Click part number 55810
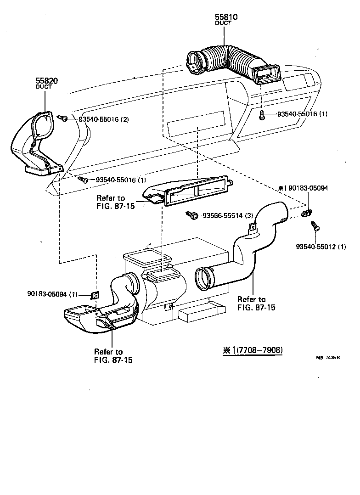tap(226, 17)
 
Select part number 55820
tap(47, 80)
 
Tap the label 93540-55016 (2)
tap(103, 119)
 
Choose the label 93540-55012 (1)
tap(321, 247)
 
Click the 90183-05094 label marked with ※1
tap(303, 188)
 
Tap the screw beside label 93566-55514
tap(193, 214)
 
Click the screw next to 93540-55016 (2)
tap(64, 118)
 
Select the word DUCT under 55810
tap(223, 23)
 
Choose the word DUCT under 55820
tap(44, 87)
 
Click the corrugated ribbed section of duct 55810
tap(227, 59)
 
